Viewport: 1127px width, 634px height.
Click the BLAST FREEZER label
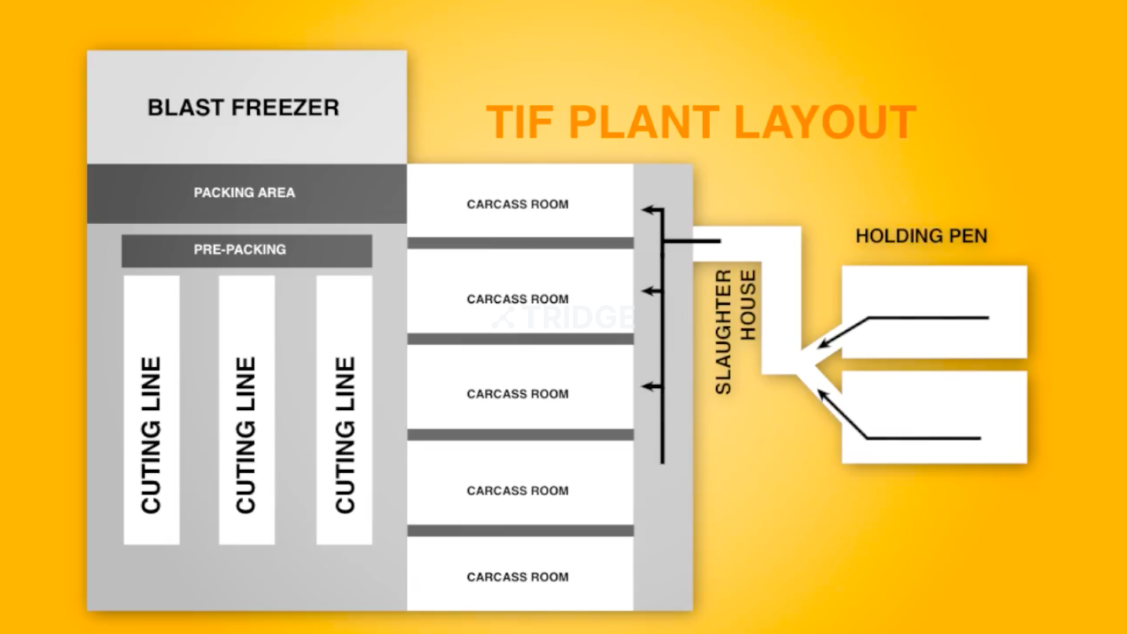[x=244, y=108]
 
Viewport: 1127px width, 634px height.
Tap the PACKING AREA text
[x=244, y=192]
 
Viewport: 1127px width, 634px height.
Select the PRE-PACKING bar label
[x=240, y=250]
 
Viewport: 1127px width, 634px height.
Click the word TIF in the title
[x=519, y=123]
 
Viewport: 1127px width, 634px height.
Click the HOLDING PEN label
[x=921, y=236]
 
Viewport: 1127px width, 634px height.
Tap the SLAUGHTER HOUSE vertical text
[x=736, y=331]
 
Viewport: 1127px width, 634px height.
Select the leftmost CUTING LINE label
[x=151, y=434]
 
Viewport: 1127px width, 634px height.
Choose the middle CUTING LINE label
[x=246, y=434]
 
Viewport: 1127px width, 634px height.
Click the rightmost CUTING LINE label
[x=345, y=434]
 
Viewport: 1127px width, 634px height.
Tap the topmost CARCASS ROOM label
[x=517, y=204]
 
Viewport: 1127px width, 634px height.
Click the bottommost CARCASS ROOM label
[x=517, y=577]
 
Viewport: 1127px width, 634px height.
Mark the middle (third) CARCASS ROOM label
[x=517, y=394]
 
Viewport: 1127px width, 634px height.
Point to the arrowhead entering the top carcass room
[x=647, y=210]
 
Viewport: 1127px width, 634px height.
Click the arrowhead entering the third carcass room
[x=647, y=387]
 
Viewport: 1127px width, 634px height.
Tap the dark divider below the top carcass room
[x=520, y=243]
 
